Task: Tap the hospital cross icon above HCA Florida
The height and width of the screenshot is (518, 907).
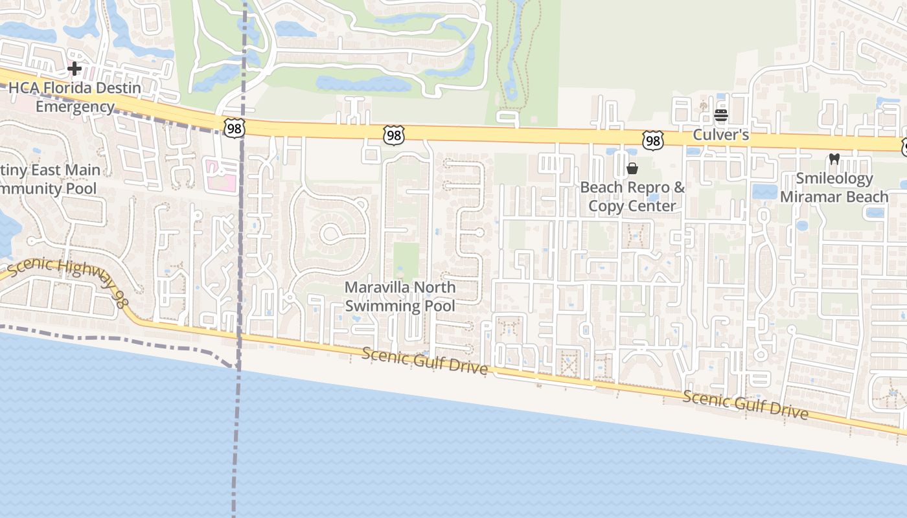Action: [75, 68]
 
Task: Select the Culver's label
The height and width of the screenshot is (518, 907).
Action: [721, 135]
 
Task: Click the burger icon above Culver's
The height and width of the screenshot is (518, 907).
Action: [721, 116]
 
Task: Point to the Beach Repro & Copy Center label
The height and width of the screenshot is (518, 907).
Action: [632, 196]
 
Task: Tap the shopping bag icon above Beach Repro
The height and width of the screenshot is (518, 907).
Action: [632, 169]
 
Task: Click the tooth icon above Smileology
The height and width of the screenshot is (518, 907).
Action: [834, 159]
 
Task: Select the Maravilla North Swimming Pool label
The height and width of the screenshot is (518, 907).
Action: [400, 297]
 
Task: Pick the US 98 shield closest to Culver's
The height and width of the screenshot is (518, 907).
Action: [653, 140]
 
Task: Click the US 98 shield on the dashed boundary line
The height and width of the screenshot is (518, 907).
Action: [234, 128]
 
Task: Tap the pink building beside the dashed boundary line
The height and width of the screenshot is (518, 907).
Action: [221, 177]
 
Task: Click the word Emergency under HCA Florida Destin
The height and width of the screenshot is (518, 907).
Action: [75, 107]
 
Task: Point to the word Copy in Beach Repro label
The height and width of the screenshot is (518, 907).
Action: [606, 206]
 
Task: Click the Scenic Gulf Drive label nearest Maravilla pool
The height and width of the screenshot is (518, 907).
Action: [424, 361]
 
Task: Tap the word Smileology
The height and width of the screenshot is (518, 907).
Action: [834, 178]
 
